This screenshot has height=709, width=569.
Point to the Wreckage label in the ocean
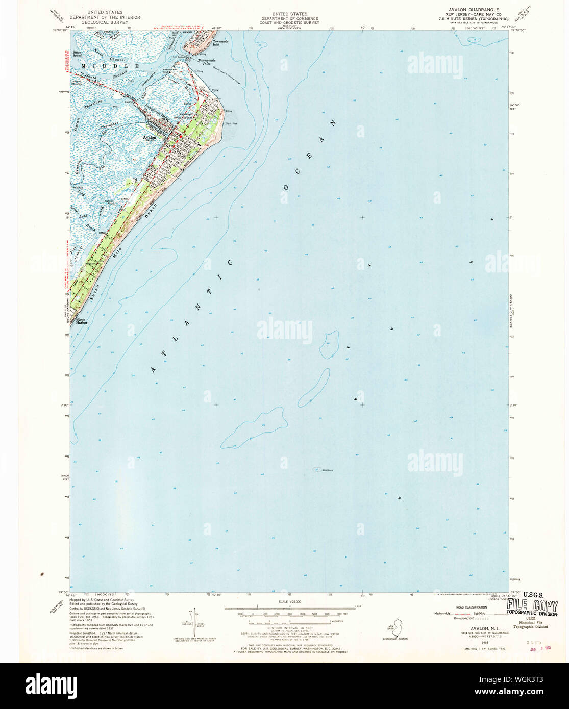[327, 470]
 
